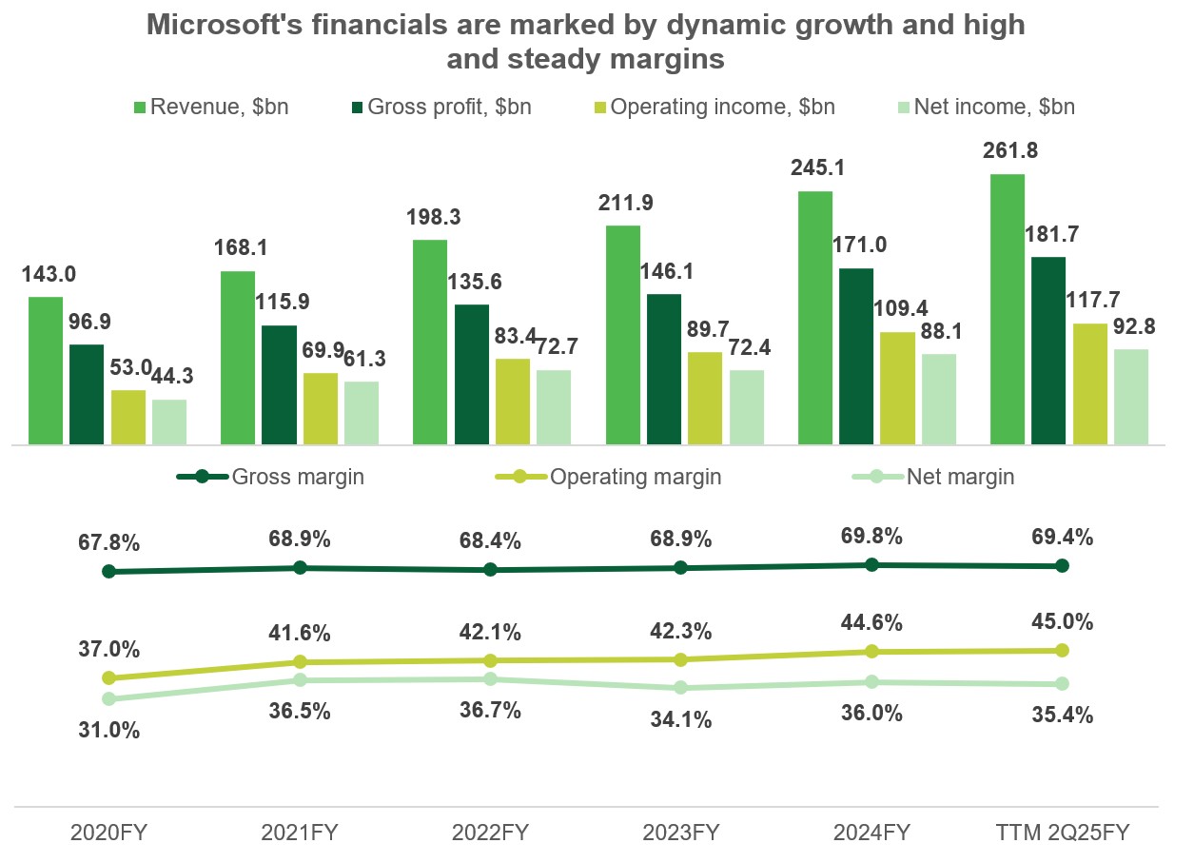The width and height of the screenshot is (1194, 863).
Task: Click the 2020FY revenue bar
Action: click(x=46, y=370)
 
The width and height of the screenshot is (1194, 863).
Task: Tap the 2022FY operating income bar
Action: click(x=513, y=401)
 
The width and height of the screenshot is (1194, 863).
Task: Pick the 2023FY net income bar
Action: click(x=747, y=406)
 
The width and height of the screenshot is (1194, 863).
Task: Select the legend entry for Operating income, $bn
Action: click(x=712, y=107)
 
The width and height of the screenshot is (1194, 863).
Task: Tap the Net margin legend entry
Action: click(x=946, y=477)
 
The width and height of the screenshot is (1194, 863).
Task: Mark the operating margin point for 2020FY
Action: click(x=108, y=678)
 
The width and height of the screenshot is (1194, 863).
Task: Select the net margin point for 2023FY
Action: click(x=680, y=688)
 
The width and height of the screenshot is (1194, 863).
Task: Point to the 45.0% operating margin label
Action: click(x=1062, y=622)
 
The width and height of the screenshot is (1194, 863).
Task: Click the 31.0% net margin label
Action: click(x=108, y=731)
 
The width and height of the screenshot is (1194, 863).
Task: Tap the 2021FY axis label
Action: click(x=299, y=834)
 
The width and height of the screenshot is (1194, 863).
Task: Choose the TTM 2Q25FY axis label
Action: click(x=1063, y=834)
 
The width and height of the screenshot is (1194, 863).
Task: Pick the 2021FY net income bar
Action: click(x=362, y=412)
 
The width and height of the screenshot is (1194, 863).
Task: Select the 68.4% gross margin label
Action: click(x=490, y=540)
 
